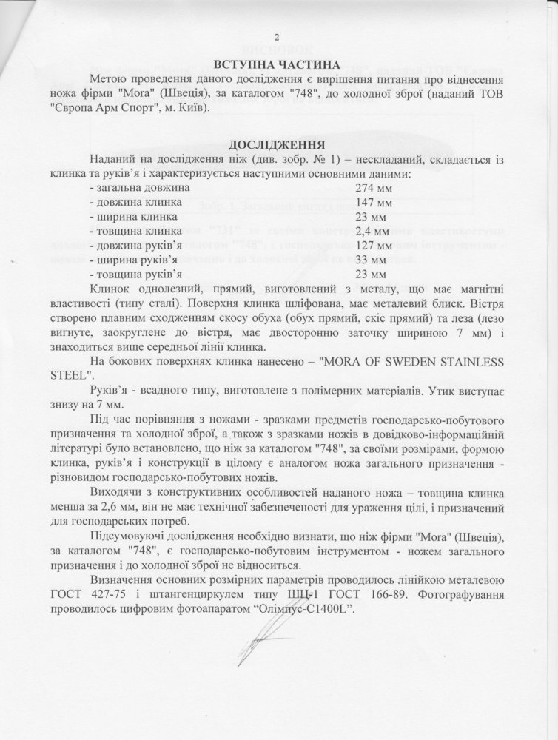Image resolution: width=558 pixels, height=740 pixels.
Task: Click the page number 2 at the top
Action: pyautogui.click(x=278, y=38)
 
